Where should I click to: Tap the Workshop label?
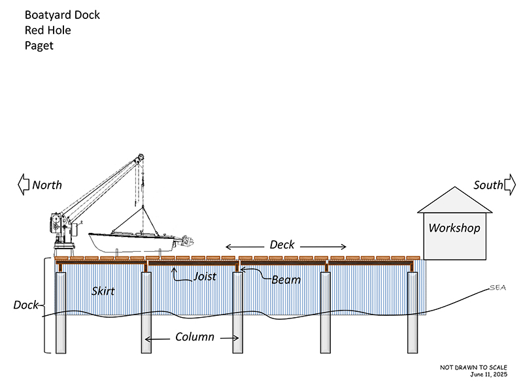[454, 228]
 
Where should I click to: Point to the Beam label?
[286, 280]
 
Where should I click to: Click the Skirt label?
[103, 291]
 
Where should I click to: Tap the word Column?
[195, 337]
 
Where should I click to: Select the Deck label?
[282, 245]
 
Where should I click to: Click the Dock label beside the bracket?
[25, 305]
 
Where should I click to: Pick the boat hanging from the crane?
[134, 241]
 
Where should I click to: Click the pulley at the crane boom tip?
[139, 158]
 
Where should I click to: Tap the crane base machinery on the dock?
[63, 232]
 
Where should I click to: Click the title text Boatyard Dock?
[62, 14]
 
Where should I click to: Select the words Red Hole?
[47, 30]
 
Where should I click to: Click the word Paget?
[39, 46]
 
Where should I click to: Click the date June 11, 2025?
[488, 375]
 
